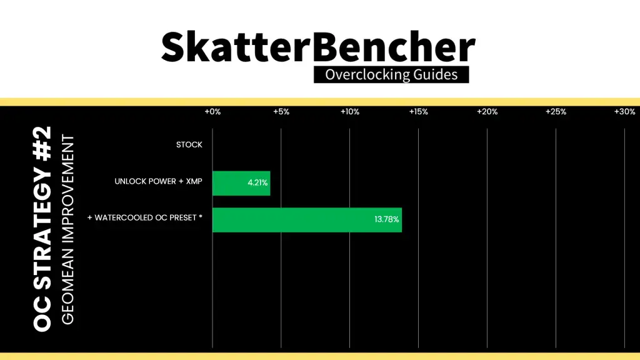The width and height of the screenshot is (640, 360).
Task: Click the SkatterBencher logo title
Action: (318, 47)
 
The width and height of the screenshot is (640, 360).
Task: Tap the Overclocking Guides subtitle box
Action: (391, 75)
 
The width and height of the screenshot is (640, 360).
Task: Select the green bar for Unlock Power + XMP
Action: (241, 183)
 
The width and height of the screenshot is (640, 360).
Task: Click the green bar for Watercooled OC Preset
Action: (307, 220)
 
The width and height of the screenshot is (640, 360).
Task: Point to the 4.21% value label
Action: (257, 183)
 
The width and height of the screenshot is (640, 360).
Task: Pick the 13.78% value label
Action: (386, 219)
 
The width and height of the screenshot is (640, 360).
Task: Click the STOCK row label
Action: (189, 145)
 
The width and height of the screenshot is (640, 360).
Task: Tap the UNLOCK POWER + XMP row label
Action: (158, 181)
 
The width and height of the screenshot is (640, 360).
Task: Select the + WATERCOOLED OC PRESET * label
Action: (145, 218)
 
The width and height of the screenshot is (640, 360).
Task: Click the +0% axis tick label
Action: (212, 112)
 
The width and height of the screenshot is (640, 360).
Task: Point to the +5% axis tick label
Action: (281, 112)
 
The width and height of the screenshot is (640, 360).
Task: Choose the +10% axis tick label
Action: (350, 112)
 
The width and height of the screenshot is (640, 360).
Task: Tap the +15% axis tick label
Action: (418, 112)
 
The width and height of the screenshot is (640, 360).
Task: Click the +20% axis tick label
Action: (487, 112)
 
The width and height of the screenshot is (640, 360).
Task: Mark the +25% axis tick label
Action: (556, 112)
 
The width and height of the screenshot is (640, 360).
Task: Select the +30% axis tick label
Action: (625, 112)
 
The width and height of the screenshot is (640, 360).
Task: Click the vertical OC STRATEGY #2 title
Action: (42, 229)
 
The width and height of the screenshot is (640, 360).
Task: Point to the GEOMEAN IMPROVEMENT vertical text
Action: (67, 230)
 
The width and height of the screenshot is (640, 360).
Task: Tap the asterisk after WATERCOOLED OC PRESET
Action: (201, 216)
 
